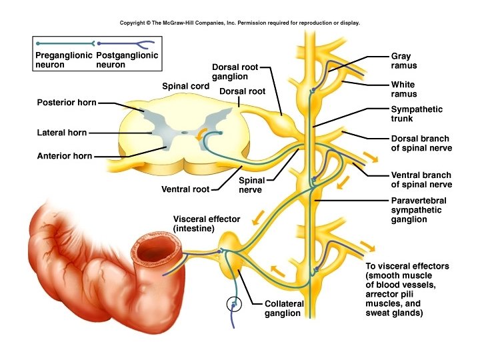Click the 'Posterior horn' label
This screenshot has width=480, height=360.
tap(66, 103)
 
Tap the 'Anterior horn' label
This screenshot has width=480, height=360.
tap(64, 157)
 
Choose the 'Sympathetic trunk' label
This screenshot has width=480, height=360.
tap(417, 114)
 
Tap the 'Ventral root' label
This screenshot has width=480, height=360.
tap(185, 189)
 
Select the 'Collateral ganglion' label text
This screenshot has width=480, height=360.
tap(284, 308)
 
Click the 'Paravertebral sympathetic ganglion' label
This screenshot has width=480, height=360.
tap(419, 209)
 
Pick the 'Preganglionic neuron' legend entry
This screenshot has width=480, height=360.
tap(61, 60)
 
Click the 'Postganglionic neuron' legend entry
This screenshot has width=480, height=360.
tap(127, 60)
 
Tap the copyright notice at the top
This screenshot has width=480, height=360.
tap(240, 23)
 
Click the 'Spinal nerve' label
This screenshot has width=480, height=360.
tap(251, 185)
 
